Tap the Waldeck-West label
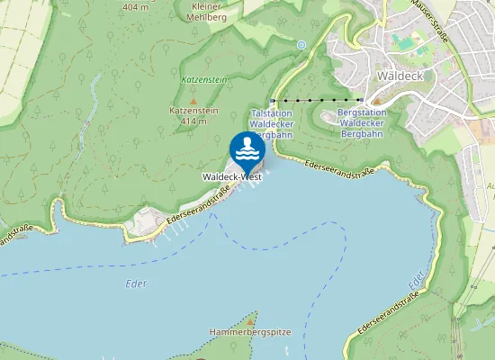[x=232, y=177]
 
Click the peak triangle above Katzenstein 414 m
[x=192, y=101]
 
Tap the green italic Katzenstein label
[x=202, y=80]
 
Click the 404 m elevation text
[x=135, y=7]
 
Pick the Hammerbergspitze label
[x=250, y=332]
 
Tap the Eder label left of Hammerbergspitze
[x=135, y=284]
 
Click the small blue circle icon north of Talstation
[x=301, y=44]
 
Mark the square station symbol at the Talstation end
[x=273, y=100]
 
